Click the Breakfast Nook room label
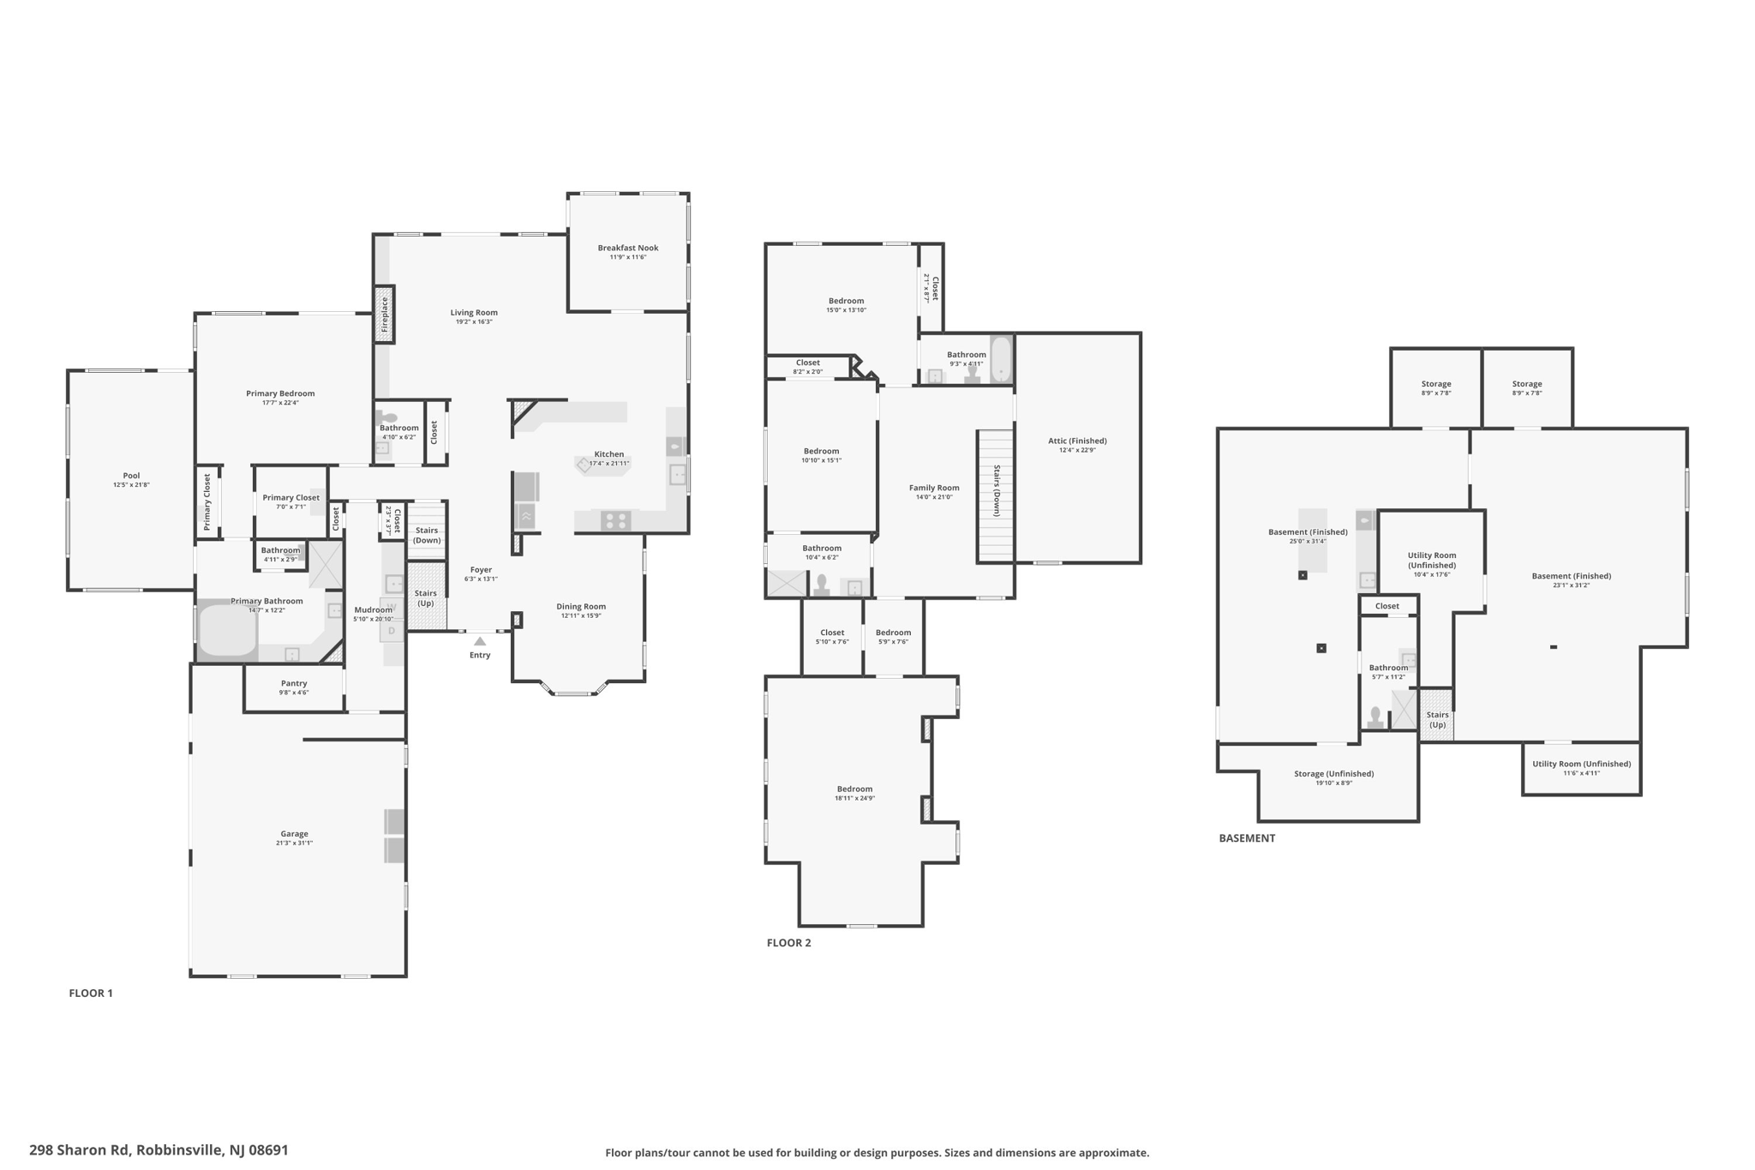(x=628, y=248)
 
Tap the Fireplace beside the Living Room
(x=384, y=315)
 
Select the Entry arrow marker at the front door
(x=480, y=641)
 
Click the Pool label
(x=131, y=476)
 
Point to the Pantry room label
(x=294, y=683)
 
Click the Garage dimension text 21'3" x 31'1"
(x=294, y=843)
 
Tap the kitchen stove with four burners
(x=615, y=519)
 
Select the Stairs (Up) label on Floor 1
(x=426, y=597)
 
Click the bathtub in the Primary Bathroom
(x=227, y=632)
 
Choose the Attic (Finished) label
(x=1077, y=441)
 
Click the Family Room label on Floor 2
(x=934, y=488)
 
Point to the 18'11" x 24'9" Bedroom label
(x=854, y=794)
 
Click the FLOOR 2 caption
(x=788, y=943)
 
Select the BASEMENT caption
(x=1247, y=838)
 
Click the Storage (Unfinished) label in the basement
(x=1333, y=773)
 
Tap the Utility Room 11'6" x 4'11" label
(x=1581, y=768)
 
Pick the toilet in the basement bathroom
(x=1375, y=717)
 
